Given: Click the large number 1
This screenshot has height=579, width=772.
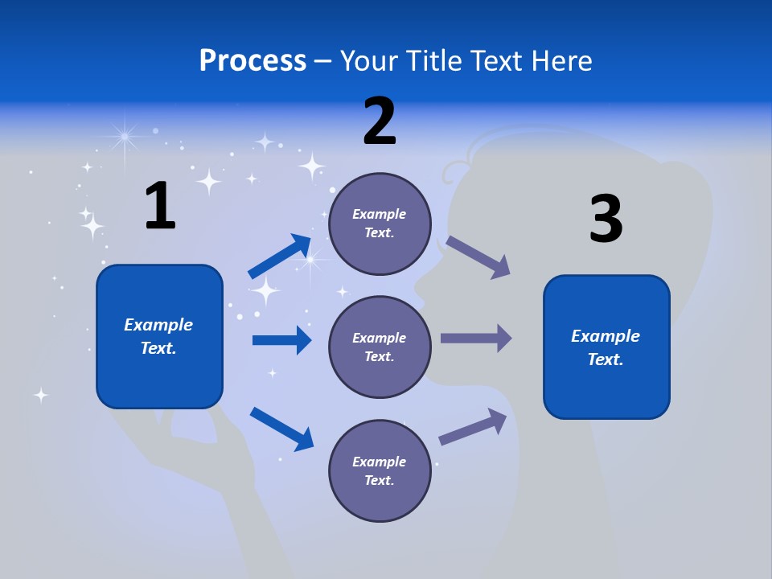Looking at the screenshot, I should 160,207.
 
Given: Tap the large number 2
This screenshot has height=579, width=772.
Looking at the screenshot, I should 380,121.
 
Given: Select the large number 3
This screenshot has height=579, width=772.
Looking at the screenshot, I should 606,220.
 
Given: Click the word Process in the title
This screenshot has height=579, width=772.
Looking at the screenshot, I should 253,61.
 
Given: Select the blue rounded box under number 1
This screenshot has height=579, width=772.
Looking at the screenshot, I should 159,336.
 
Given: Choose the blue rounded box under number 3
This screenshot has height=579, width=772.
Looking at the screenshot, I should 606,347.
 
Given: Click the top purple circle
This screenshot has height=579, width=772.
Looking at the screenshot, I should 380,224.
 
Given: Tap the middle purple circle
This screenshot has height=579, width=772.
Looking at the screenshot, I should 380,347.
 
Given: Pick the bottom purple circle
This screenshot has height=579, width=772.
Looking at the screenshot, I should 380,470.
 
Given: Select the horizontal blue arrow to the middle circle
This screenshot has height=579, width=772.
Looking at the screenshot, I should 281,340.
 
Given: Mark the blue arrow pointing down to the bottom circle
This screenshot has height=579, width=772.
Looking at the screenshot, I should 281,429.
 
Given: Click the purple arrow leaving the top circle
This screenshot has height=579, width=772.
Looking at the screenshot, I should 478,257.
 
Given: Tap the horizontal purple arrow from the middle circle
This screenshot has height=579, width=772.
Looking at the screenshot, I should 476,339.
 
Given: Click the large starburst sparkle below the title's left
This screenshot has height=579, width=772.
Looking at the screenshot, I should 125,138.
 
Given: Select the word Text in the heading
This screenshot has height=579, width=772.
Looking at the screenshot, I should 495,61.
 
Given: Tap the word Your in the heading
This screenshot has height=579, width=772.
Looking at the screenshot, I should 371,61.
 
